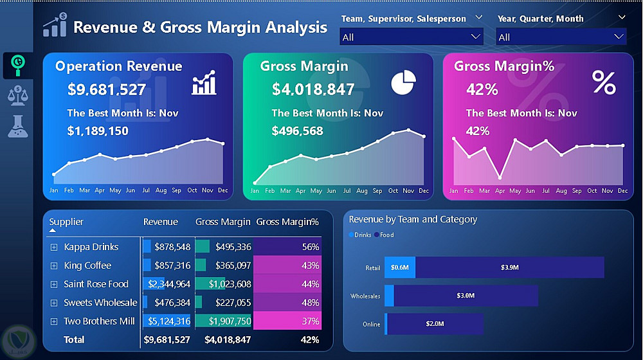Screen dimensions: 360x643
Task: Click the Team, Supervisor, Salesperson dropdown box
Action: pyautogui.click(x=411, y=37)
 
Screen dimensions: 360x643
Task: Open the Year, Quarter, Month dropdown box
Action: pyautogui.click(x=561, y=37)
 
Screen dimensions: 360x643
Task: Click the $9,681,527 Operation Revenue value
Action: pyautogui.click(x=107, y=89)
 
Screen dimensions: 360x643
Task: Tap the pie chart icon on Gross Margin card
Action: pyautogui.click(x=403, y=83)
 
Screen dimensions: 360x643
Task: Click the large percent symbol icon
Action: pyautogui.click(x=604, y=83)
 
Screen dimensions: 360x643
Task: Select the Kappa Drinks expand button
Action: pyautogui.click(x=53, y=247)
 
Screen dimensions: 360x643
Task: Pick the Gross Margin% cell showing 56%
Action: pyautogui.click(x=287, y=247)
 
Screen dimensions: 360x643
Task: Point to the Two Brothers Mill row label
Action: pyautogui.click(x=100, y=321)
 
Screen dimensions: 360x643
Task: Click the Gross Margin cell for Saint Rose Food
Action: pyautogui.click(x=224, y=284)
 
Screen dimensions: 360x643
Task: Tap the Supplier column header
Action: pyautogui.click(x=66, y=222)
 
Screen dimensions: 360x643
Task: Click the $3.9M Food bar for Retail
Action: pyautogui.click(x=509, y=267)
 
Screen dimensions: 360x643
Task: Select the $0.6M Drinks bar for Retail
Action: pyautogui.click(x=400, y=267)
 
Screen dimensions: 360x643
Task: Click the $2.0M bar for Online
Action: pyautogui.click(x=435, y=324)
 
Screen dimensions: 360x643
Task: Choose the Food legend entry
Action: pyautogui.click(x=386, y=235)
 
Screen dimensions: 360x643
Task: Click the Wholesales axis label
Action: pyautogui.click(x=365, y=296)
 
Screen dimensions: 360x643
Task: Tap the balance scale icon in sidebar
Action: pyautogui.click(x=17, y=95)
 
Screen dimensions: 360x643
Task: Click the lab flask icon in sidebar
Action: pyautogui.click(x=17, y=126)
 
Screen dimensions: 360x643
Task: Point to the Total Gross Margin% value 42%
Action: pyautogui.click(x=310, y=339)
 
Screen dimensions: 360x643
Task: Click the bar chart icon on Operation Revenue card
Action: pyautogui.click(x=204, y=84)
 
